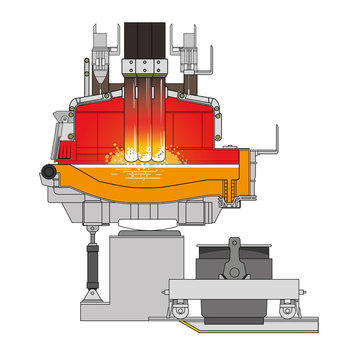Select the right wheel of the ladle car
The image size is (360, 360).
point(287,311)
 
